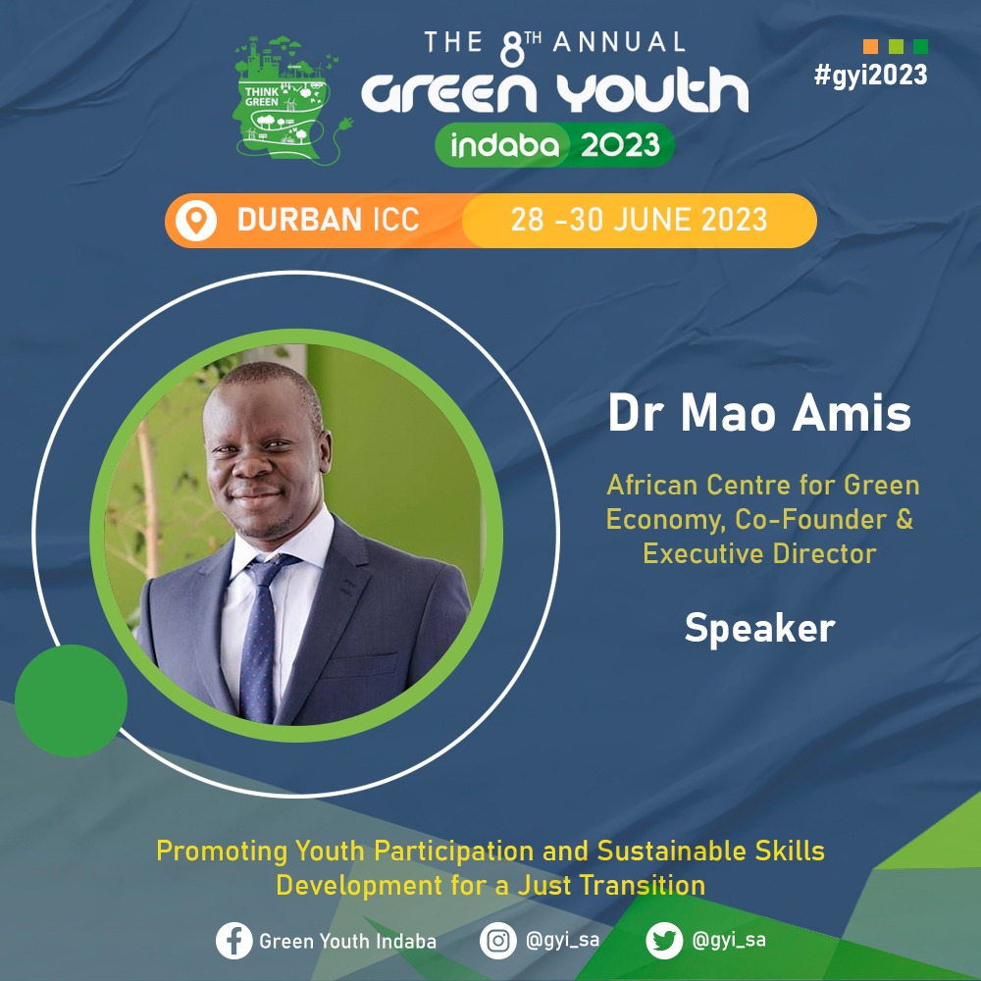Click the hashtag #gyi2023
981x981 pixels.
click(870, 76)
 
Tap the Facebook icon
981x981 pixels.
click(234, 941)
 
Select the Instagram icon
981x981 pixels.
click(498, 941)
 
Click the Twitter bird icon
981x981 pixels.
click(664, 941)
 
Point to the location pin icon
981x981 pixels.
click(196, 220)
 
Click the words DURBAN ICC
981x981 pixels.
click(328, 220)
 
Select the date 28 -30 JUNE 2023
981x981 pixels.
click(639, 220)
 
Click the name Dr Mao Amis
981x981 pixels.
click(759, 413)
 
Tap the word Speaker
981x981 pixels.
click(759, 628)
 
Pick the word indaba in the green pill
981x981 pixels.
click(504, 145)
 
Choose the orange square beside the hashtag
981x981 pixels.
click(870, 46)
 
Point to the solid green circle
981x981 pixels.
click(71, 700)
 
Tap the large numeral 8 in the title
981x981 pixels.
click(512, 49)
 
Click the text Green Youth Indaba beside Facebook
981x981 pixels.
click(348, 941)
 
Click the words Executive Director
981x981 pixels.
click(759, 553)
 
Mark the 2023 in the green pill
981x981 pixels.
click(620, 145)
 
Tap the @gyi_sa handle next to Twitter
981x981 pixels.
click(729, 941)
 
